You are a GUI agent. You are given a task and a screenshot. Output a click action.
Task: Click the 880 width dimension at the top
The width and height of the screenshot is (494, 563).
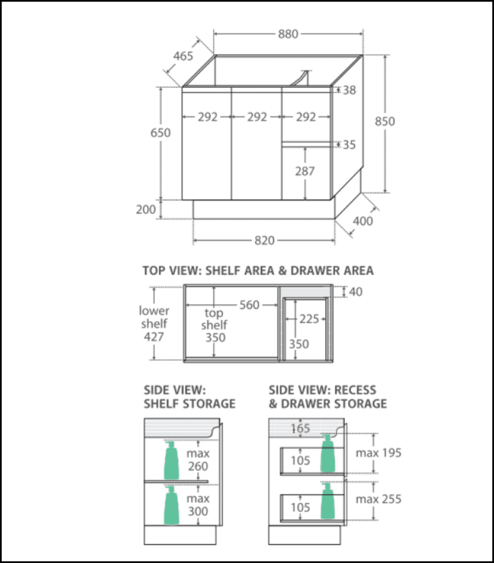click(287, 34)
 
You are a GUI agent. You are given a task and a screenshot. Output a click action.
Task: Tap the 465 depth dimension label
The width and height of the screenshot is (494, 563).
click(183, 56)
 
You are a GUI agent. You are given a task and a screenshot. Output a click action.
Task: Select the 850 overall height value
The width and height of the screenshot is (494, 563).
click(385, 121)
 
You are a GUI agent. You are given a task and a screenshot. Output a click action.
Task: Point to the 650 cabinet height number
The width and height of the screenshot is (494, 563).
click(160, 133)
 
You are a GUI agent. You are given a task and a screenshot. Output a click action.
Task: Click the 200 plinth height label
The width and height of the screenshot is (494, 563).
click(146, 209)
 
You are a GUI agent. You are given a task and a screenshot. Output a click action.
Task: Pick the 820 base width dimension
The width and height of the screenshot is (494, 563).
click(264, 241)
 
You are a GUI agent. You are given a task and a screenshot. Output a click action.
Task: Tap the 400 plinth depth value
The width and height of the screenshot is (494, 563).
click(363, 221)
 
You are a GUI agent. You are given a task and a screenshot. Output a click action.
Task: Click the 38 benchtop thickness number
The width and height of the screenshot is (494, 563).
click(349, 90)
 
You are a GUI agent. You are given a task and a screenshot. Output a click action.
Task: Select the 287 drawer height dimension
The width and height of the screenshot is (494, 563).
click(305, 171)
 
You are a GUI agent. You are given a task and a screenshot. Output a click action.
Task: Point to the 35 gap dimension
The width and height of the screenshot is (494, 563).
click(349, 145)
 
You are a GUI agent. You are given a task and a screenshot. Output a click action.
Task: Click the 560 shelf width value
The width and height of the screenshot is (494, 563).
click(249, 305)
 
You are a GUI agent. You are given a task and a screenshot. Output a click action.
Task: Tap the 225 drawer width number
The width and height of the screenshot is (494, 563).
click(308, 319)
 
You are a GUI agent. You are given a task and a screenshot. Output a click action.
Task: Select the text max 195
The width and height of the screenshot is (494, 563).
click(379, 453)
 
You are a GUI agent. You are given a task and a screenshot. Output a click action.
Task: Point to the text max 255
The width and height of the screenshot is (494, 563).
click(379, 499)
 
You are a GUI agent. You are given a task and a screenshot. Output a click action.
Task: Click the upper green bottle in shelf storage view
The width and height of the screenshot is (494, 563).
click(171, 460)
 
